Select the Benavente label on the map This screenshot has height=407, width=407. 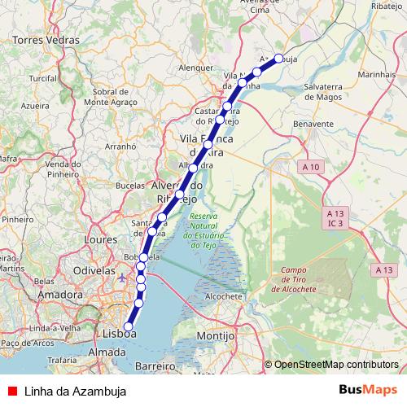coord(315,124)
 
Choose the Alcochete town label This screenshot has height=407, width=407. coord(222,297)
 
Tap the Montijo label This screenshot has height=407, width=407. coord(215,335)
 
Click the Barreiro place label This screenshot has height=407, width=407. coord(155,366)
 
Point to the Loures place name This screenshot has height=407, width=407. coord(100,241)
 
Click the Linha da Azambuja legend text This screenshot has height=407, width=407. coord(75,391)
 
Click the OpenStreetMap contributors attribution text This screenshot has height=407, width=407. coord(336,365)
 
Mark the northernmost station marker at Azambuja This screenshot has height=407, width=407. coord(278,58)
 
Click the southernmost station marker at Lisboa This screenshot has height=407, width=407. coord(127,326)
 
